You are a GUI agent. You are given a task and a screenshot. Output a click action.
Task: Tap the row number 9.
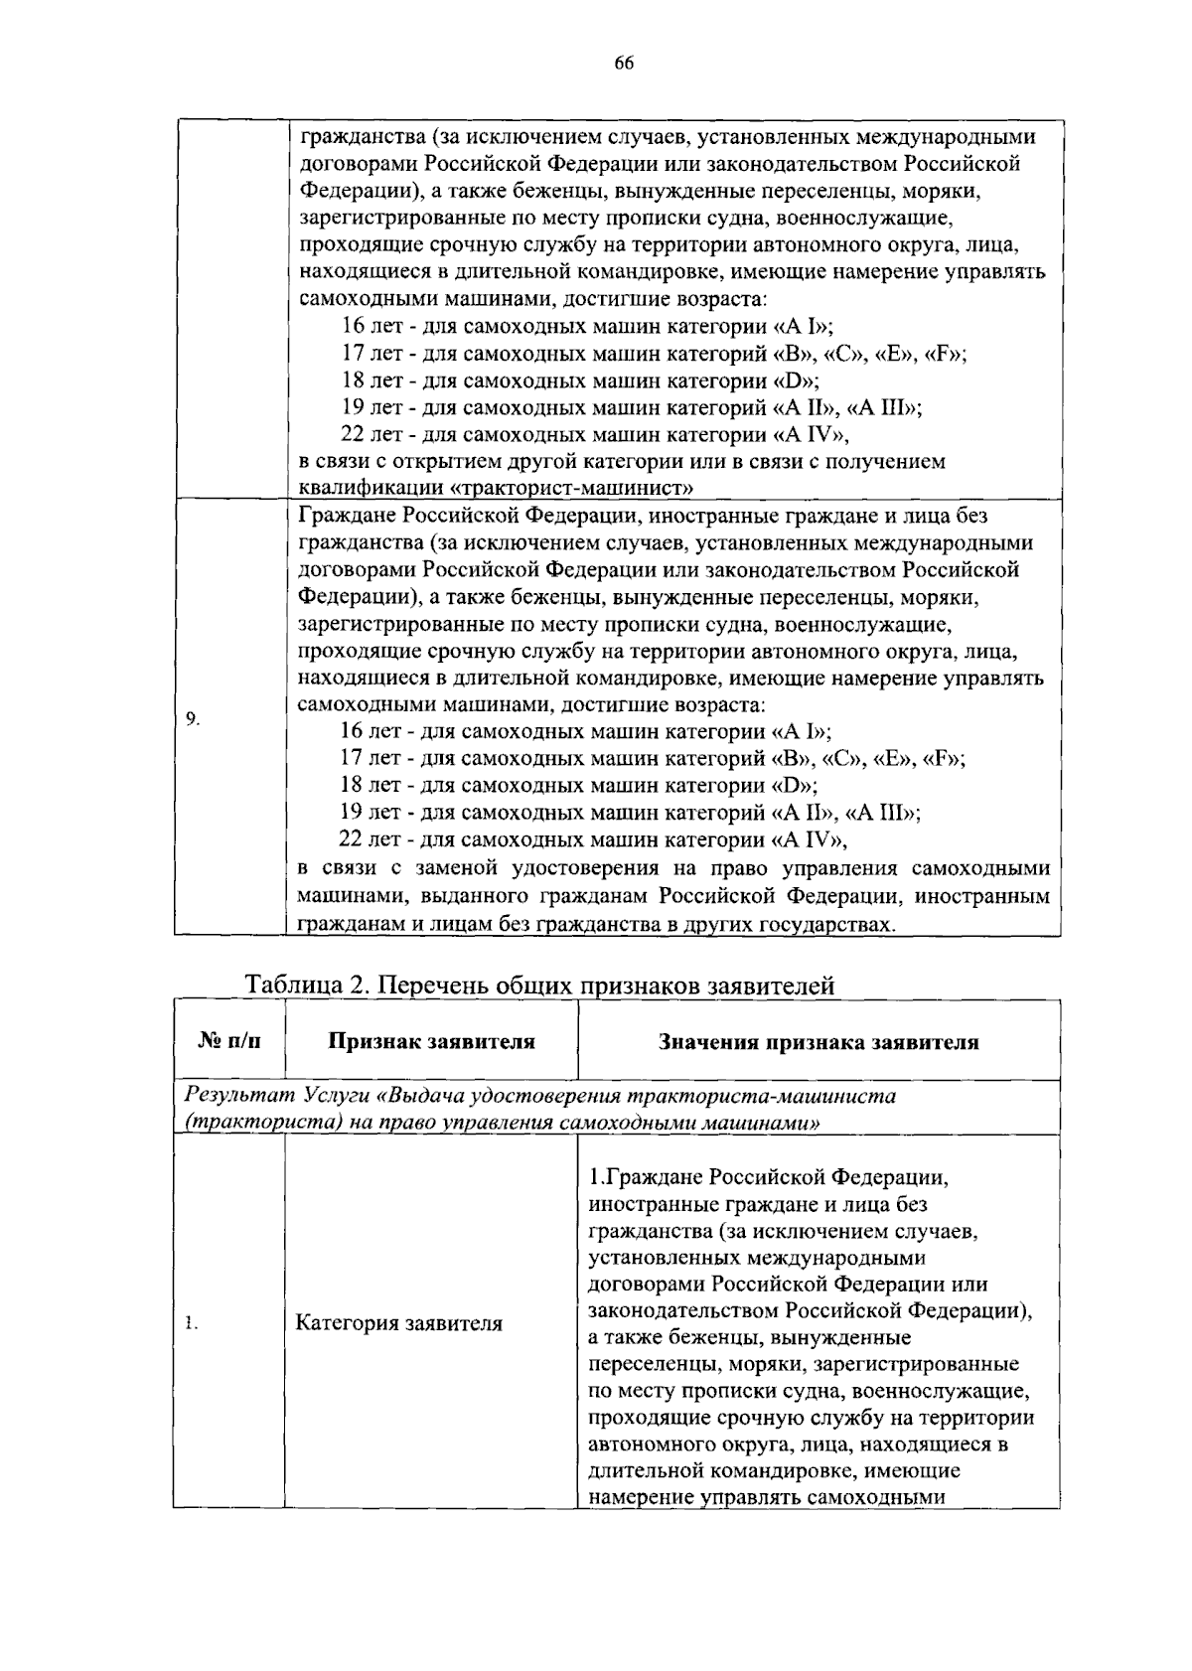[x=194, y=718]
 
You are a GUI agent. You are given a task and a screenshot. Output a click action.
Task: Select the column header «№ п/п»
[x=229, y=1041]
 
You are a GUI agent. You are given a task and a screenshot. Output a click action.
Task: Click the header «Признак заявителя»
[x=431, y=1041]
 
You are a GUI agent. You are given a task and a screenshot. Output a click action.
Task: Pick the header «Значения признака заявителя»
[x=819, y=1042]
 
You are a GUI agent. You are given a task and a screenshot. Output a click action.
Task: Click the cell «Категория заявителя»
[x=398, y=1323]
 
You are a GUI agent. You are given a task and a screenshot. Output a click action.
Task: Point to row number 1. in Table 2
[x=192, y=1323]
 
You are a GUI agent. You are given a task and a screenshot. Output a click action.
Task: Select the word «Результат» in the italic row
[x=233, y=1096]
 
